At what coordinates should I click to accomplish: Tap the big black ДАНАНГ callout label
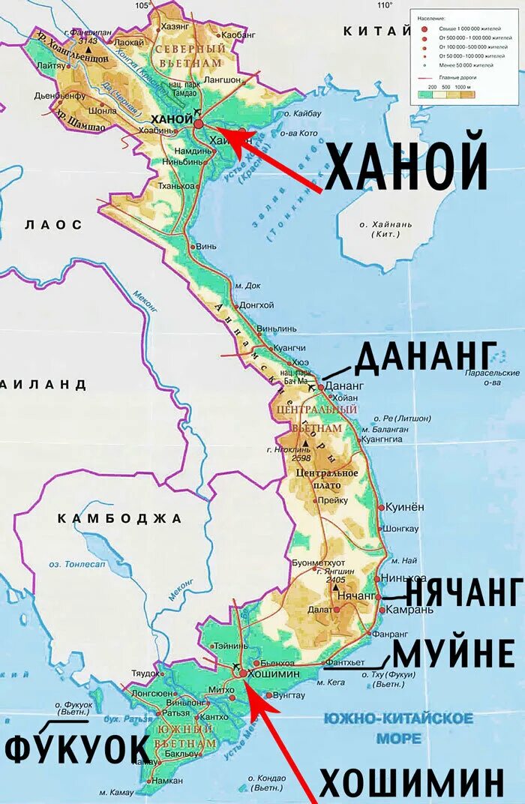coord(426,358)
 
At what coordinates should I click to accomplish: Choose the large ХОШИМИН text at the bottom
coord(411,784)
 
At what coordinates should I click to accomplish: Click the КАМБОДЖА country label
coord(119,518)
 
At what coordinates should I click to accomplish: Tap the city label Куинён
coord(405,508)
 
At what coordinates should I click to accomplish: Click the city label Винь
coord(207,246)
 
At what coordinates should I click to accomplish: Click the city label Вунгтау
coord(289,695)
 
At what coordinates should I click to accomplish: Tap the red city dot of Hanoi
coord(199,124)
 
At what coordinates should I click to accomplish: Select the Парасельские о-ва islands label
coord(491,377)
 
